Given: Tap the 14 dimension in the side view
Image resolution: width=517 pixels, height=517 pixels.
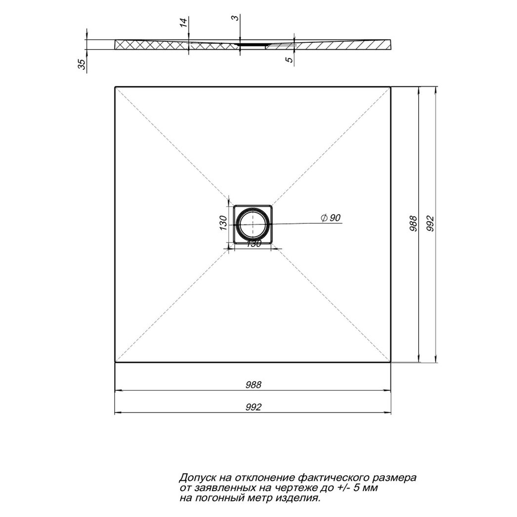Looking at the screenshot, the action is pyautogui.click(x=184, y=22).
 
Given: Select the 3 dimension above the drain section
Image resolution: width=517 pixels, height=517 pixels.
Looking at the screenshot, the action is pyautogui.click(x=235, y=18).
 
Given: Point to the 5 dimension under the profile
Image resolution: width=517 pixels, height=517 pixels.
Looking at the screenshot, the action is pyautogui.click(x=290, y=59).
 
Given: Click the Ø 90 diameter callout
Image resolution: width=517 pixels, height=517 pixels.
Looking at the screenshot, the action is pyautogui.click(x=330, y=218).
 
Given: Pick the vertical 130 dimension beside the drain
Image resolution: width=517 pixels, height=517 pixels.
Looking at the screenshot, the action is pyautogui.click(x=223, y=223).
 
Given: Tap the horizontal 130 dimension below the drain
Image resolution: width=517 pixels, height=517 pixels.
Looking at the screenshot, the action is pyautogui.click(x=253, y=244).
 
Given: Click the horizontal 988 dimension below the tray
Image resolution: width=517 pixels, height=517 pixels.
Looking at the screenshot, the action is pyautogui.click(x=253, y=385).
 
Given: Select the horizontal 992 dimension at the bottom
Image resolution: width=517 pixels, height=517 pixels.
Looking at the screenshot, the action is pyautogui.click(x=253, y=407).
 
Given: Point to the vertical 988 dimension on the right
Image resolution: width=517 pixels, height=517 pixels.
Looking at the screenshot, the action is pyautogui.click(x=413, y=224).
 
